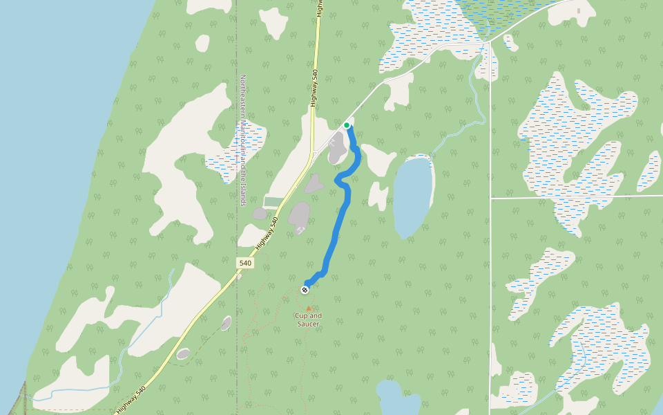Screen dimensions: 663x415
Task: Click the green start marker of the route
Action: (347, 125)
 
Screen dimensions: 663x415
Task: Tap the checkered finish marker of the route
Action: (305, 289)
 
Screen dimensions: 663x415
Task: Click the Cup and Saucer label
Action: (309, 320)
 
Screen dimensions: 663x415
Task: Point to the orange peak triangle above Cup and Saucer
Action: (309, 308)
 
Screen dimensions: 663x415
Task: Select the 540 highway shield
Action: (244, 263)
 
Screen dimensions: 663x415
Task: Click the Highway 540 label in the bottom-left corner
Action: (131, 400)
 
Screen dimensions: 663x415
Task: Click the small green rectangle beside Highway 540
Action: (273, 202)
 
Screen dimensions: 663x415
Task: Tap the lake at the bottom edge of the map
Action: (398, 400)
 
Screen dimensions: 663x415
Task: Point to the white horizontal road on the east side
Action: (573, 197)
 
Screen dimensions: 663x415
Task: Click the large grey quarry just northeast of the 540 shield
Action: (299, 216)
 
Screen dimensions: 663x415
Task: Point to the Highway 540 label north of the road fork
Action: (315, 86)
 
